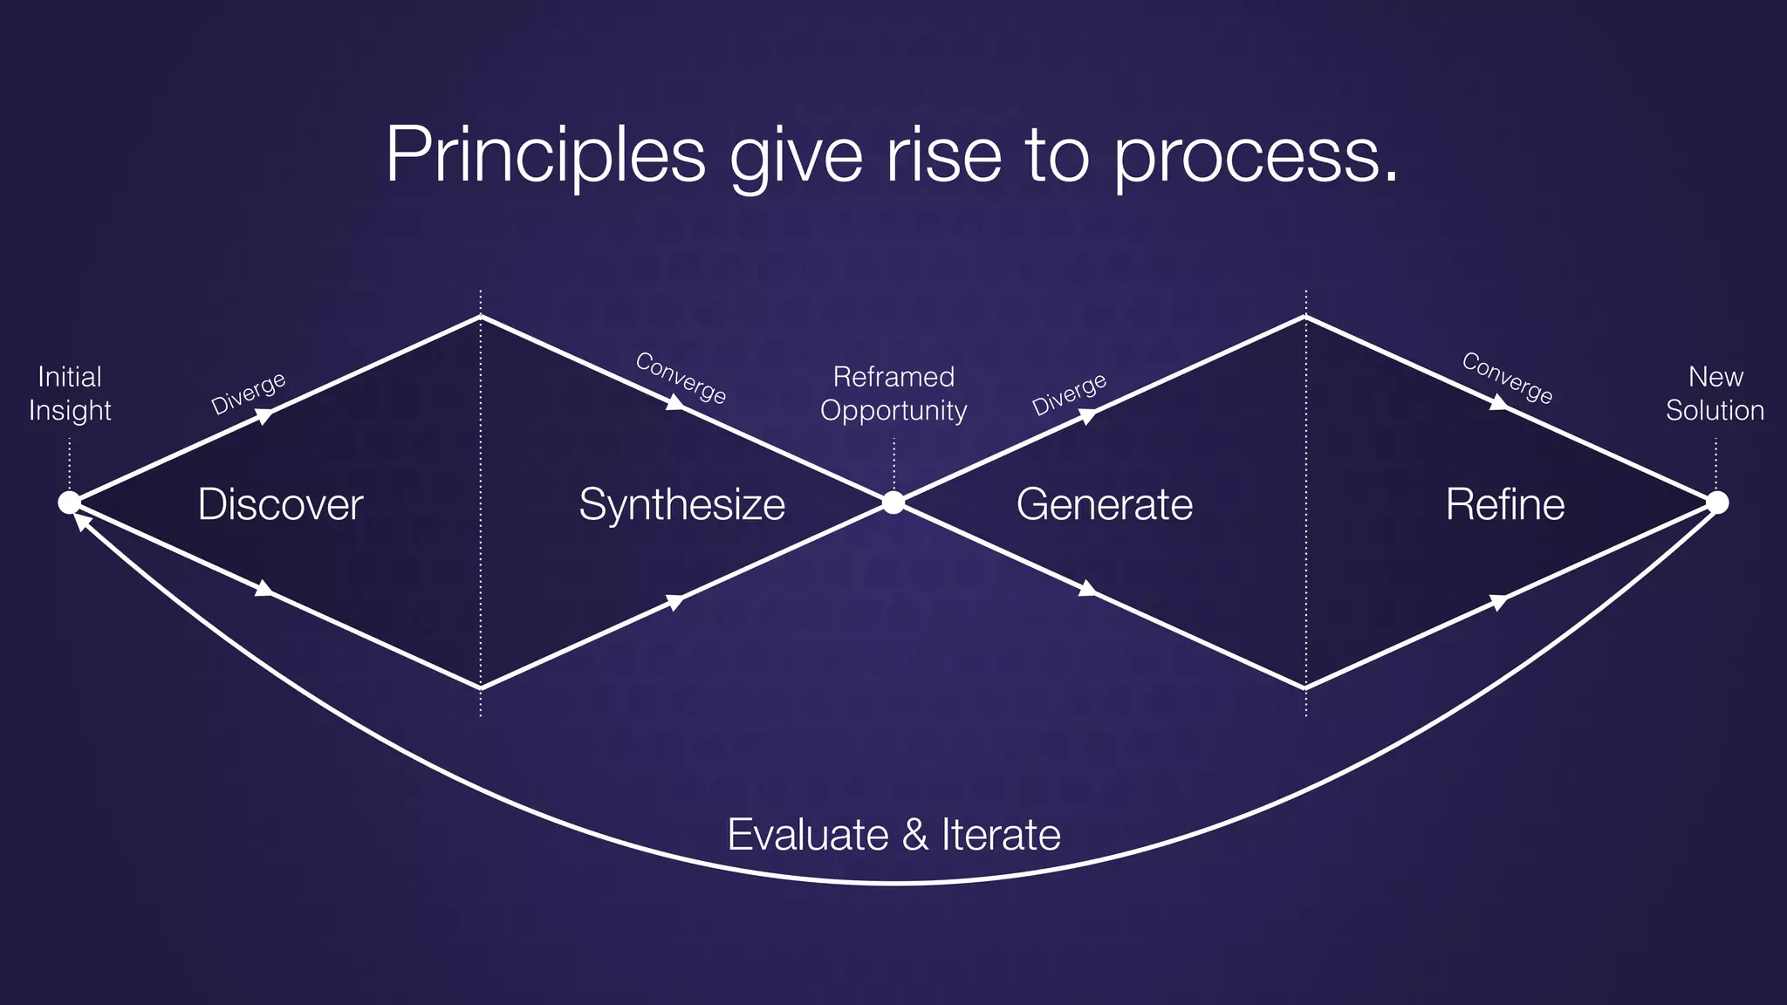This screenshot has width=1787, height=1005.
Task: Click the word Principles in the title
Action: coord(545,154)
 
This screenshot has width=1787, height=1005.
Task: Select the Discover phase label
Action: coord(280,504)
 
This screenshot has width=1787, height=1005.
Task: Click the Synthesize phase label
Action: coord(681,504)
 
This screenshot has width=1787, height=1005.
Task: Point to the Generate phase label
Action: coord(1104,504)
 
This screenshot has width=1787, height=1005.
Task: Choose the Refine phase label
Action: coord(1504,504)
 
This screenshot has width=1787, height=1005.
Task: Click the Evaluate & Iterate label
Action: coord(893,835)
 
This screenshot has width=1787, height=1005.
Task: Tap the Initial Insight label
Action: coord(70,393)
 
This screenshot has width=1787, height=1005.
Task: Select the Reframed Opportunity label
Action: coord(893,393)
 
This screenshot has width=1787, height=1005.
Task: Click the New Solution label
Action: coord(1715,393)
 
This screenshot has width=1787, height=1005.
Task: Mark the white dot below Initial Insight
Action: coord(69,502)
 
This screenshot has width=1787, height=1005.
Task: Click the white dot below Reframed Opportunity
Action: coord(893,502)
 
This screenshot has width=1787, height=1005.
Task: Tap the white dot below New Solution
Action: coord(1717,502)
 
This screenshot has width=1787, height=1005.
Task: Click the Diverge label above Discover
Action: coord(249,393)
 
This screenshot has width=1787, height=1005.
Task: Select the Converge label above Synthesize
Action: coord(681,378)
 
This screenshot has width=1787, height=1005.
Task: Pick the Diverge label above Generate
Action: coord(1069,394)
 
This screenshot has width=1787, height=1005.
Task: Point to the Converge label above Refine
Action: coord(1507,378)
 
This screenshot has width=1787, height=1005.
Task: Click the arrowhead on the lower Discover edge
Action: coord(264,590)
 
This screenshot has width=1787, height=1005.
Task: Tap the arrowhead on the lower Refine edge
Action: coord(1497,602)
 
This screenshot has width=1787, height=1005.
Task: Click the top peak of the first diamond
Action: coord(481,317)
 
